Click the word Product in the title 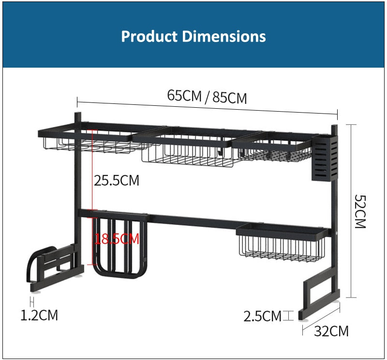click(x=149, y=37)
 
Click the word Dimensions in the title click(x=224, y=37)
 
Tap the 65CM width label click(x=184, y=95)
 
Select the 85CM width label click(x=229, y=98)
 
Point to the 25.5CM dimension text click(x=117, y=180)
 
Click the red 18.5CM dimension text click(x=117, y=239)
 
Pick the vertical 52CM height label click(x=360, y=211)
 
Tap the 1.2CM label click(x=39, y=315)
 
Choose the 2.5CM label click(x=262, y=316)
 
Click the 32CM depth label click(x=331, y=331)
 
